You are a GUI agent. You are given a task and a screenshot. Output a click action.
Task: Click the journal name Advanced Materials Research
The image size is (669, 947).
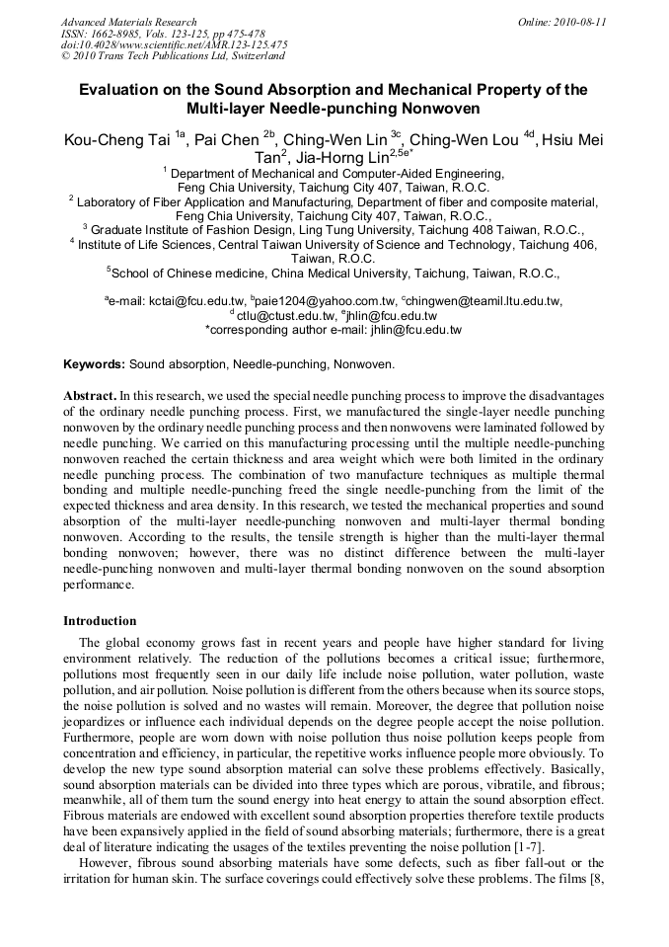tap(128, 22)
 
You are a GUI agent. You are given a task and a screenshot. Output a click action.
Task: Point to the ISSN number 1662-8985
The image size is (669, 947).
tap(112, 33)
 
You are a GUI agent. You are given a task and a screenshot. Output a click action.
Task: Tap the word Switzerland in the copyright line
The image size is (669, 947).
tap(251, 56)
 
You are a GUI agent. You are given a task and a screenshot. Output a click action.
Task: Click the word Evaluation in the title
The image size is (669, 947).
tap(120, 90)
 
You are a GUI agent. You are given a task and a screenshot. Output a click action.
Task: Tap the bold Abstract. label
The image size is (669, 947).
tap(92, 395)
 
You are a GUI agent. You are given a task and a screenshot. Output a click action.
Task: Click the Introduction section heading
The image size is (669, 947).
tap(100, 621)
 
